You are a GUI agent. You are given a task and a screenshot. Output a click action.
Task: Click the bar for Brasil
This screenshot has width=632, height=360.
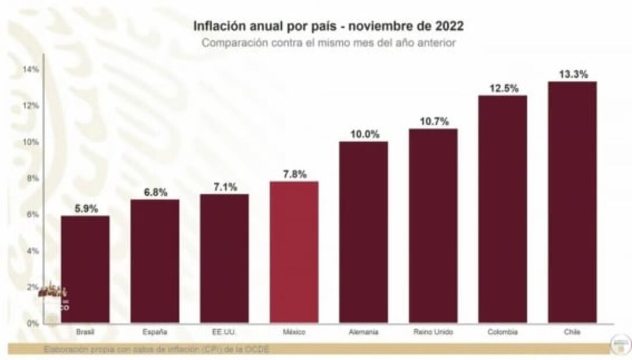click(x=85, y=269)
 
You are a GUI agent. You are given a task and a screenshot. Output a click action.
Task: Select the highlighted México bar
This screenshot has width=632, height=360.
click(x=294, y=252)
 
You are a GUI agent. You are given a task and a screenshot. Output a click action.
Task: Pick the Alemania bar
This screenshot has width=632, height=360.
click(x=364, y=232)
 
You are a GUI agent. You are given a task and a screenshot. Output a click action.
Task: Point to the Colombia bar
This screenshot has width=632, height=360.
click(x=502, y=209)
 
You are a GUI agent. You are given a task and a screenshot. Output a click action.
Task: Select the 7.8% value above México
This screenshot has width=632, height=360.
click(x=294, y=174)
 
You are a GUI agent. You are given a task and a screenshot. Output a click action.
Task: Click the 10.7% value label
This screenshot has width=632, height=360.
click(x=433, y=121)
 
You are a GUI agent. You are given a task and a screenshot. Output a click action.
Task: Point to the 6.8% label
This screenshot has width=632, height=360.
click(x=155, y=192)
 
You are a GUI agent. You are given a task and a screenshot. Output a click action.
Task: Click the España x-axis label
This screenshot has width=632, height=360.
click(x=155, y=333)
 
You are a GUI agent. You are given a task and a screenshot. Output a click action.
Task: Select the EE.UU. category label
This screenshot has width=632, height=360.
click(x=224, y=333)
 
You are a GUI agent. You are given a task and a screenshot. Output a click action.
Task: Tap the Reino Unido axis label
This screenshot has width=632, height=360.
click(x=433, y=333)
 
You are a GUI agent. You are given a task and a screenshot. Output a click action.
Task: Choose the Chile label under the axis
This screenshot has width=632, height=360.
click(x=572, y=333)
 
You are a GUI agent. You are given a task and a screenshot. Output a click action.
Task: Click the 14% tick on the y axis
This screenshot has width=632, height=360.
click(x=31, y=69)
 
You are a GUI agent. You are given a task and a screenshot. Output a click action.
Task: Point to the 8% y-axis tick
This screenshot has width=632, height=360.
click(x=32, y=178)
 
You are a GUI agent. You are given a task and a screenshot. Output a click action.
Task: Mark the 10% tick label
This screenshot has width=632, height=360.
click(x=31, y=142)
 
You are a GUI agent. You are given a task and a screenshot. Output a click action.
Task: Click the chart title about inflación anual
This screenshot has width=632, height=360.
click(x=328, y=27)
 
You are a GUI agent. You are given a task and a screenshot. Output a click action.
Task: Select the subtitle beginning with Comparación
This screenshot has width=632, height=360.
click(x=328, y=43)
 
